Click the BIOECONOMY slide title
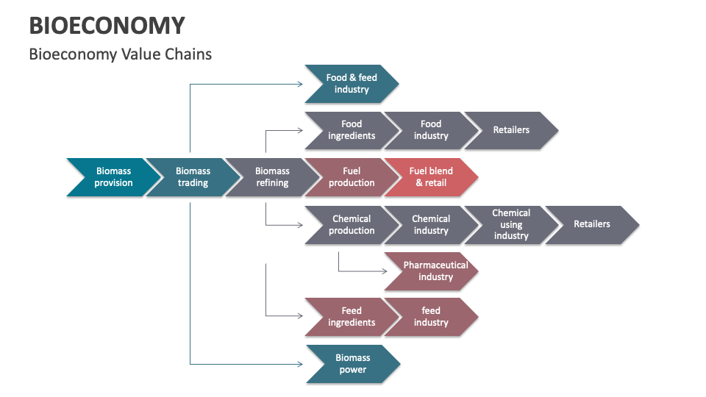point(107,26)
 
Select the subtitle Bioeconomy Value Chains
point(120,54)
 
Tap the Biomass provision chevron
point(113,177)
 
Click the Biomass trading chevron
point(193,177)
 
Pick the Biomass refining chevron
point(272,177)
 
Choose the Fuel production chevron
point(352,177)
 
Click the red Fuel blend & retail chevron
point(431,177)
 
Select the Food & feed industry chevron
point(352,84)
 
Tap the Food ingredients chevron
point(352,130)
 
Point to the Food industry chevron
point(431,130)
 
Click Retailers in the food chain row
point(511,130)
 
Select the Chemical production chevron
point(352,225)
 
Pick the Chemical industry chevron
point(431,225)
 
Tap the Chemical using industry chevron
point(511,225)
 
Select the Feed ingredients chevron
point(352,317)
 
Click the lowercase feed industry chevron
point(431,317)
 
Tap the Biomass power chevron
point(353,364)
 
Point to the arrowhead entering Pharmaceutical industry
point(385,271)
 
